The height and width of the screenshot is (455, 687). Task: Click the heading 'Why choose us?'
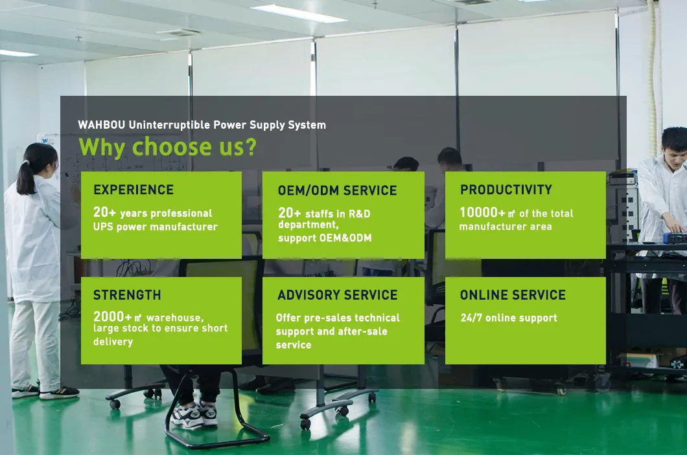(167, 147)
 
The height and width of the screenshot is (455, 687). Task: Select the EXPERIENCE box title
(134, 190)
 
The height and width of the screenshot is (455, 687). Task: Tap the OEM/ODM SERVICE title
(337, 190)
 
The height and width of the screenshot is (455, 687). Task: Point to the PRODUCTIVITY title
(506, 190)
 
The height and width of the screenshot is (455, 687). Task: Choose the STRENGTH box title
(127, 295)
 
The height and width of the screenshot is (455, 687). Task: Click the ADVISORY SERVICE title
(337, 295)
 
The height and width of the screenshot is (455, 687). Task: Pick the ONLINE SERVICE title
(513, 295)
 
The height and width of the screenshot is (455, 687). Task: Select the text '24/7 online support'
(509, 318)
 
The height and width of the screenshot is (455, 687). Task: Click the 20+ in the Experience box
(105, 213)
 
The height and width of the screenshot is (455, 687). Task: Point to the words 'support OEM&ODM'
(325, 238)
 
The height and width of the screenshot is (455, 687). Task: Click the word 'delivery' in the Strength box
(113, 341)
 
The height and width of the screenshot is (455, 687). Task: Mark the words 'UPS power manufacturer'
(156, 227)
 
